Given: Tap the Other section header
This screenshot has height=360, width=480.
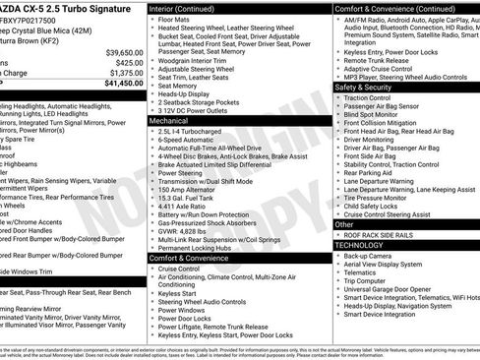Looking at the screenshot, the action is click(x=345, y=224).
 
